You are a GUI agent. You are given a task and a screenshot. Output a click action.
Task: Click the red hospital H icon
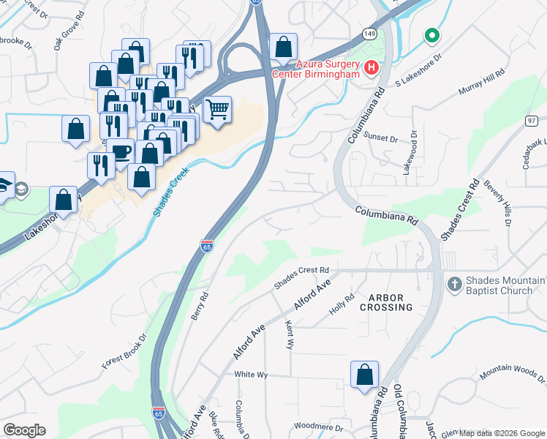tap(371, 69)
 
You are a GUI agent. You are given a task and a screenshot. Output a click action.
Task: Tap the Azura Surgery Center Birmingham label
tap(316, 69)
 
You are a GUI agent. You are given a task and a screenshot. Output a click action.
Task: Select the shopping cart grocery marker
tap(218, 110)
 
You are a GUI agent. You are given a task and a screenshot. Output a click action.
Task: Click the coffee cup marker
tap(121, 152)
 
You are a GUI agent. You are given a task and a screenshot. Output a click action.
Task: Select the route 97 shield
tap(532, 120)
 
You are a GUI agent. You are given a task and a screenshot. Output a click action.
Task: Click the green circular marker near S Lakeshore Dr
tap(432, 34)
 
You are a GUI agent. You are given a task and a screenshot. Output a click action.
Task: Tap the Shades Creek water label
tap(171, 191)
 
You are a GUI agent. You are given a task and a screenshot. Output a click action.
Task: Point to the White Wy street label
tap(251, 374)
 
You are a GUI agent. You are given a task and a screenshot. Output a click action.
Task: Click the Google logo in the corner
tap(24, 430)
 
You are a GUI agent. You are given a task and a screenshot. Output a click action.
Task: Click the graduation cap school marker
tap(6, 185)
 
